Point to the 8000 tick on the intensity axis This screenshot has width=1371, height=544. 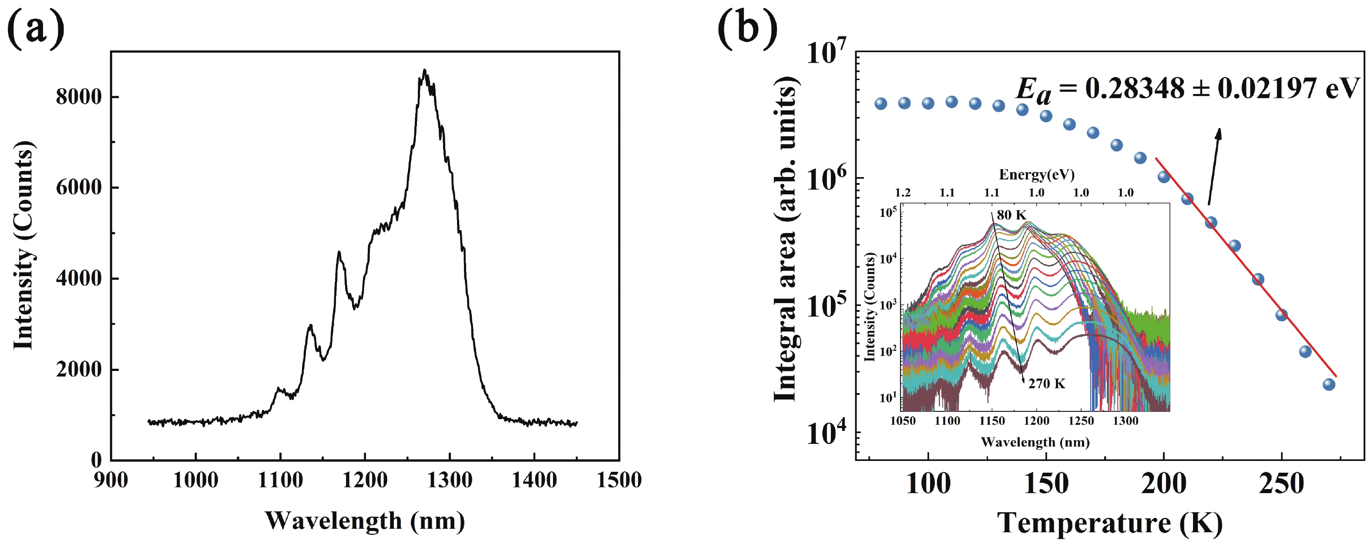(x=79, y=97)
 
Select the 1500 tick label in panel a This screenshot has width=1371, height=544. (x=619, y=480)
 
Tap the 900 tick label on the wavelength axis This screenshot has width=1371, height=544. (x=111, y=480)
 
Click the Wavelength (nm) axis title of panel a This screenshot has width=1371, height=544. (x=365, y=521)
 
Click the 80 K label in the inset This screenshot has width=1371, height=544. (x=1011, y=215)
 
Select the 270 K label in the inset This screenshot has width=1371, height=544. (x=1046, y=384)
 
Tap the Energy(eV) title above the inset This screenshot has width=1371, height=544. (x=1036, y=174)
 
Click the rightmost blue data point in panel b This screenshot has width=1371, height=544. (x=1329, y=384)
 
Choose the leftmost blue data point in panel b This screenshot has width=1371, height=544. (x=881, y=103)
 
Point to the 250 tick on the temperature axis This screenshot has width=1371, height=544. (x=1282, y=484)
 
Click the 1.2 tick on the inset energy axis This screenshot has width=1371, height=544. (x=903, y=193)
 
